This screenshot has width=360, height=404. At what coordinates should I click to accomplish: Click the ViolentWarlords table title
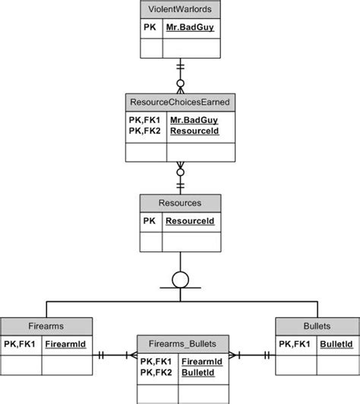[180, 10]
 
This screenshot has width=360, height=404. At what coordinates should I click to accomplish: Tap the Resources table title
[180, 204]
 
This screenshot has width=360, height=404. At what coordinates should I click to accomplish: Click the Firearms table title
[46, 326]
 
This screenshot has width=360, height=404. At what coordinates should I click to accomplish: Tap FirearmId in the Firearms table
[65, 343]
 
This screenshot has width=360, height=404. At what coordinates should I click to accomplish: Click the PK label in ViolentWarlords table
[150, 27]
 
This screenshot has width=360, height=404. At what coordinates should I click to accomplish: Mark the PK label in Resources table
[150, 221]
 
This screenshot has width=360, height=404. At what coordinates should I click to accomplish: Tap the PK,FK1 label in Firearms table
[21, 343]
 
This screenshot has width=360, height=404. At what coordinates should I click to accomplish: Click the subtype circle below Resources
[180, 279]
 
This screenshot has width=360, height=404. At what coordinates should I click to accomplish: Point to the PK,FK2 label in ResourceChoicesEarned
[144, 131]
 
